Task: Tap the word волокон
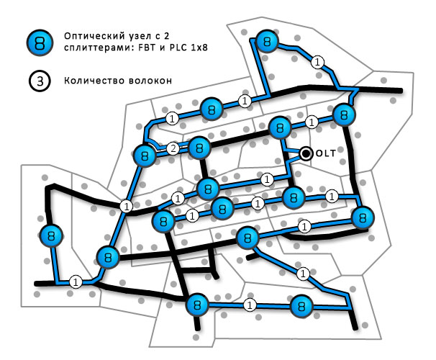coord(148,81)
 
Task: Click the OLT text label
coord(325,153)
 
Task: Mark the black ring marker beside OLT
coord(306,153)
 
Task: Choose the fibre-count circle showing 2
coord(173,149)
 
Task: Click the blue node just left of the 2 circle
coord(145,155)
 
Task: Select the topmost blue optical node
coord(267,42)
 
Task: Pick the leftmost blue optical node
coord(49,235)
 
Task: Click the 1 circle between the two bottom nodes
coord(250,305)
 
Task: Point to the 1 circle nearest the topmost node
coord(316,63)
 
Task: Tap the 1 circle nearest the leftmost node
coord(75,281)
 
